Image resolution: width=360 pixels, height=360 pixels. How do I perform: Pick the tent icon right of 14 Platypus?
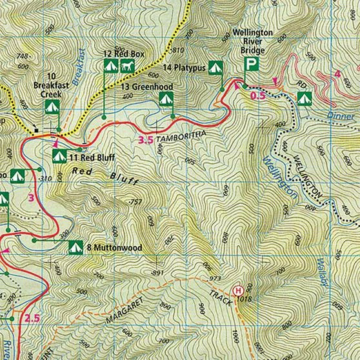(215, 66)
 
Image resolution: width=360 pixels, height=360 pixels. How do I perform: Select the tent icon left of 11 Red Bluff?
(58, 155)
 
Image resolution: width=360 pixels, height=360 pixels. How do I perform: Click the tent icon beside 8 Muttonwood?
(75, 246)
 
